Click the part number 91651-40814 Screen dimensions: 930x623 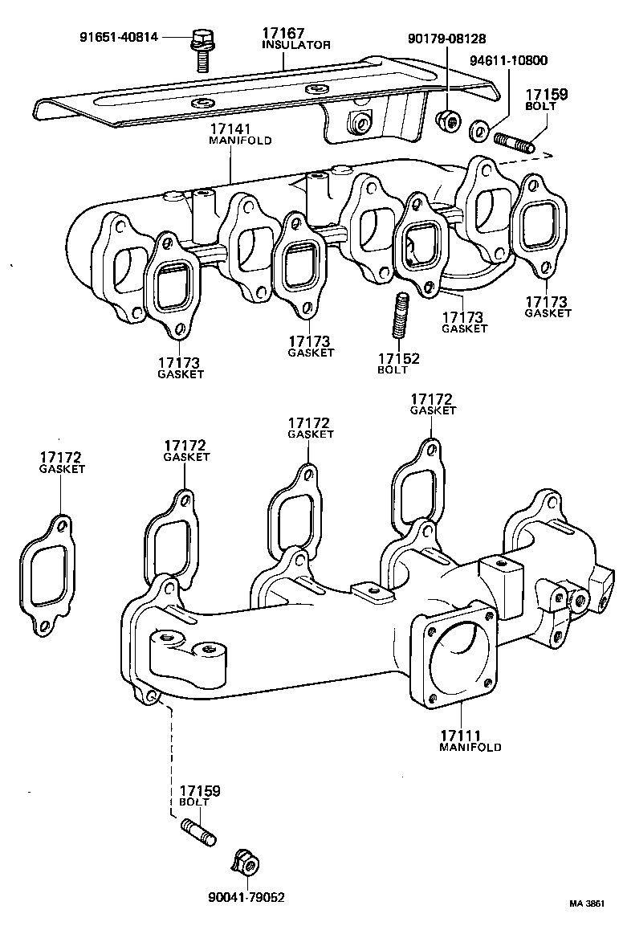(119, 37)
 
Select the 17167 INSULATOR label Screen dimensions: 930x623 (295, 39)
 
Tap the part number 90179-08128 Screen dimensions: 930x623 (446, 38)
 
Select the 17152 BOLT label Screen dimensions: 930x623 (399, 363)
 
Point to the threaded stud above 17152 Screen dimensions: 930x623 (401, 317)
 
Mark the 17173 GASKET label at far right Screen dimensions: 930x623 (548, 307)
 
